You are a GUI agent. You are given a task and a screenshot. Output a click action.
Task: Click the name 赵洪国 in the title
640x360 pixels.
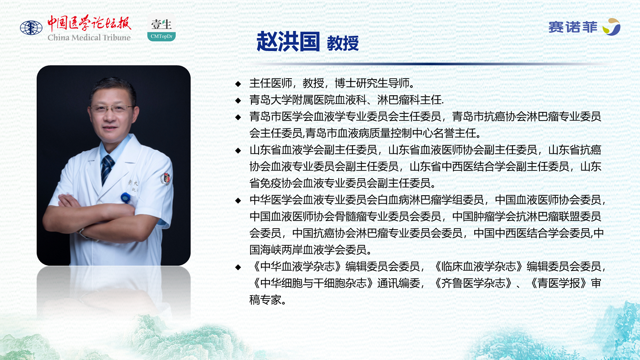288,42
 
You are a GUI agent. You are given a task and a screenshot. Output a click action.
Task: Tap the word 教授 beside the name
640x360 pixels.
342,43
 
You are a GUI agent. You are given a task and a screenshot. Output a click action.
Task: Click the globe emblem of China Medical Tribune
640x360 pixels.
31,28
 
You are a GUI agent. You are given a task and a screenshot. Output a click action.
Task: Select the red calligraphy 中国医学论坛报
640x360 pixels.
89,23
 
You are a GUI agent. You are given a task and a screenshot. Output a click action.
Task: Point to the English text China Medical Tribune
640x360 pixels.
89,38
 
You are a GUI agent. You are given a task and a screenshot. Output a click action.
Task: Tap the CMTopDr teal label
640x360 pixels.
161,37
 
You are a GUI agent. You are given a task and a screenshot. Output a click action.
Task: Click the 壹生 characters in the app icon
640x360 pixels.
161,24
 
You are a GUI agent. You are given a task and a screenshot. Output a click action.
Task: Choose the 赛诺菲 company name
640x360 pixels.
573,27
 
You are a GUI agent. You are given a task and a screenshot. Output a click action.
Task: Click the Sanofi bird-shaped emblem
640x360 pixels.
611,27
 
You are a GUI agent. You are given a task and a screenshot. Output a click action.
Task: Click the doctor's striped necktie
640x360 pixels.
107,169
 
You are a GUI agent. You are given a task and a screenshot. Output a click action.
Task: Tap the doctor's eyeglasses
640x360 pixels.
111,109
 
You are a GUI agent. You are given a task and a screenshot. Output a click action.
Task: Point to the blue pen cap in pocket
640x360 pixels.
125,198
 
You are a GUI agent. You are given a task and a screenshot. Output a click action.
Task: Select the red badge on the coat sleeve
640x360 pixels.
166,178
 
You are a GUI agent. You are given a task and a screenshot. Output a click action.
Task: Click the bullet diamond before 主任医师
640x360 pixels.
238,84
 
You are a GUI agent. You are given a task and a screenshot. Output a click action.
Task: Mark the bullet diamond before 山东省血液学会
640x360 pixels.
238,150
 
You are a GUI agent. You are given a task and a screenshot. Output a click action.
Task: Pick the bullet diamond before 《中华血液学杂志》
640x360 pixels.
238,267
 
